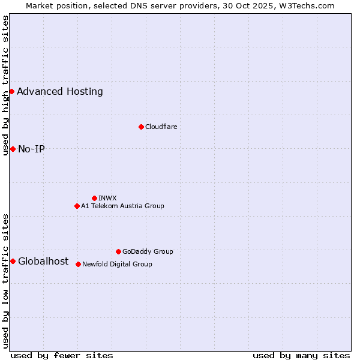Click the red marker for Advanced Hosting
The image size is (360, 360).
11,91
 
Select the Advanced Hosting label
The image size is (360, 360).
60,92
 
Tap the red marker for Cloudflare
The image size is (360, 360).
141,127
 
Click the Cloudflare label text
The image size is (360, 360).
161,127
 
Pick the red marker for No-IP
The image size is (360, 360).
13,149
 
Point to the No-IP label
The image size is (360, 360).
31,149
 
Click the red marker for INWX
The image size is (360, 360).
94,198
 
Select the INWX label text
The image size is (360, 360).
107,199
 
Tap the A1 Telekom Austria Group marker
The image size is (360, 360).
77,206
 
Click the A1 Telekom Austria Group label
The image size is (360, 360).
122,206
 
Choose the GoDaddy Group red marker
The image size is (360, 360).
118,251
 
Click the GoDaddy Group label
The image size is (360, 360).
148,252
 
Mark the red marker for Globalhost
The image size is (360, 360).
13,261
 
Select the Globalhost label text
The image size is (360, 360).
43,262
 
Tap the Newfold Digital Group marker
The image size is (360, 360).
78,264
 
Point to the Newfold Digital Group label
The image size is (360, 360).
117,265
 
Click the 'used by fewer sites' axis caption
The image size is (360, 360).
62,356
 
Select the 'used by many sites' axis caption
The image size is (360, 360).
301,356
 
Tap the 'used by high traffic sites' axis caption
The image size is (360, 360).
5,85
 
